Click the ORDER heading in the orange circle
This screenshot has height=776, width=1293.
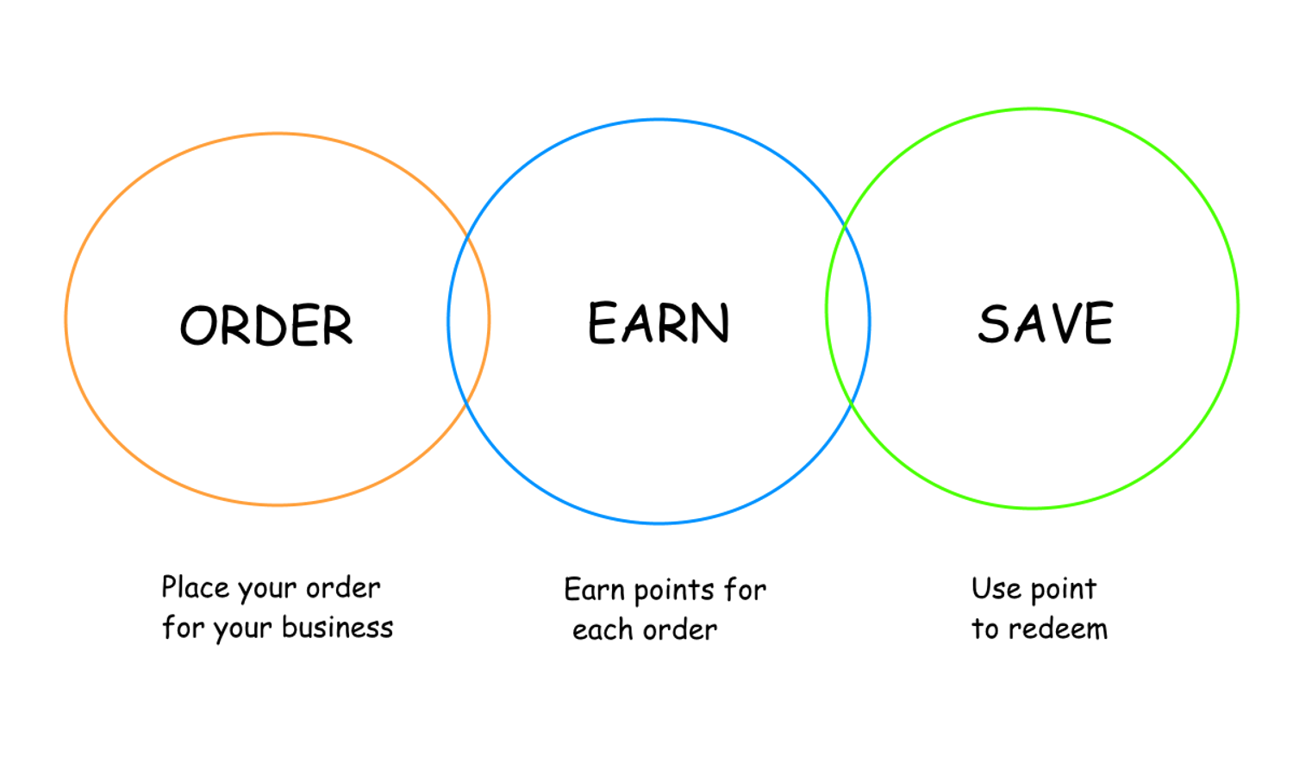266,325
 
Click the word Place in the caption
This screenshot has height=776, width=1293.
196,587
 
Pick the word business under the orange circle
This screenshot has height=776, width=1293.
337,627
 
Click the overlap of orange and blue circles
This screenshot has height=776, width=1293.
469,320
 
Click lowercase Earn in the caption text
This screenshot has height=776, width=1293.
594,590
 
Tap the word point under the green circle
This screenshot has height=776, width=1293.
1064,590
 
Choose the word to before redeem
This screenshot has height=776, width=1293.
984,629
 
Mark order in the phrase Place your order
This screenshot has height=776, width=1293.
342,587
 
